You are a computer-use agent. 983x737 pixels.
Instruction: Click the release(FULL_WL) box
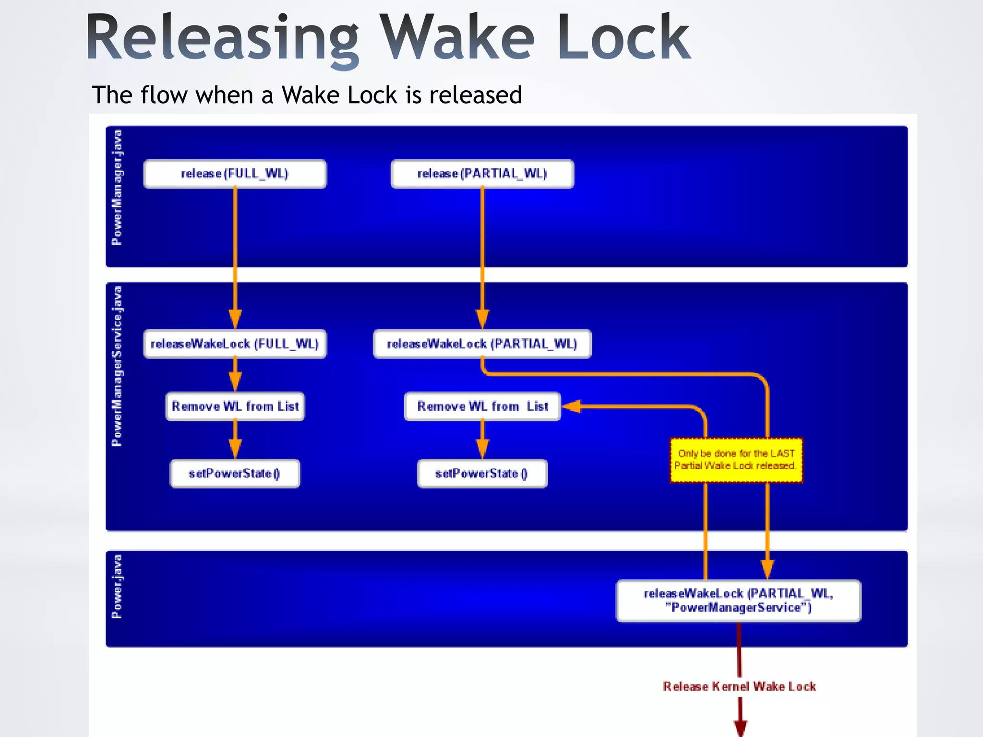tap(235, 174)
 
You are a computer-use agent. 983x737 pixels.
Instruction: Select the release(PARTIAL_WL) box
tap(482, 174)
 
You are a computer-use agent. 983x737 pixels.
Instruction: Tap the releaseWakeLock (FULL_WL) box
tap(235, 344)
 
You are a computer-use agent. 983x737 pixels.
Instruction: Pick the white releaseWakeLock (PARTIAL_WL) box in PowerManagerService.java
tap(482, 344)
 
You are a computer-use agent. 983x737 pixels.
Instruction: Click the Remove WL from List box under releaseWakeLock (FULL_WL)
tap(235, 406)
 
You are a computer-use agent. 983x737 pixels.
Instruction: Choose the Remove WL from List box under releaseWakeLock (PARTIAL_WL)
tap(482, 406)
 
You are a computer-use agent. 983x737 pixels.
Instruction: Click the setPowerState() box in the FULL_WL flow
tap(235, 474)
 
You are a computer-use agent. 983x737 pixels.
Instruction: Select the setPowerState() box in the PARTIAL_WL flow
tap(482, 474)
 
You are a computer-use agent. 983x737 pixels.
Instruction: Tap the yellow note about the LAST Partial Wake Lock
tap(736, 460)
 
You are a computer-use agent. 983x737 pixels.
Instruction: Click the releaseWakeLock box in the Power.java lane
tap(738, 601)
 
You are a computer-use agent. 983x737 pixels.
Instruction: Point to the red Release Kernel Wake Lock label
tap(739, 687)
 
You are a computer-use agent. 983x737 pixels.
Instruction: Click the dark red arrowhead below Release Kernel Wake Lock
tap(740, 727)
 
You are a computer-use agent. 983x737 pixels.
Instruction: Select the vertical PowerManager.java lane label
tap(117, 187)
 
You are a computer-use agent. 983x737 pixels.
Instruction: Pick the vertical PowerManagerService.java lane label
tap(117, 366)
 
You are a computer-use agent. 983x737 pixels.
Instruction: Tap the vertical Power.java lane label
tap(117, 586)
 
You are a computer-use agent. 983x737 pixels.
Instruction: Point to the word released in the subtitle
tap(475, 95)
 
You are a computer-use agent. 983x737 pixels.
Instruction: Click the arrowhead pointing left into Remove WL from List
tap(571, 406)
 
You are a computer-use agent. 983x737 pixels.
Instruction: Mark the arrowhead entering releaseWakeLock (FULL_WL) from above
tap(235, 319)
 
